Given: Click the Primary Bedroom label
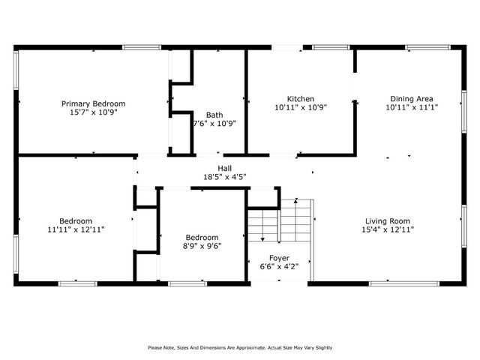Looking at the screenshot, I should click(x=93, y=103).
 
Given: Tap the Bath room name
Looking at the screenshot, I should click(x=214, y=115).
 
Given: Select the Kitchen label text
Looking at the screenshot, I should click(x=300, y=99).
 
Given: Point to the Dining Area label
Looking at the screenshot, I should click(x=411, y=99).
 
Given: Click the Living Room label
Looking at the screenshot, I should click(x=387, y=221).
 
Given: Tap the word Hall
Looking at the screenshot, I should click(x=224, y=168).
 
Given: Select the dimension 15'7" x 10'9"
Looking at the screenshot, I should click(x=93, y=111).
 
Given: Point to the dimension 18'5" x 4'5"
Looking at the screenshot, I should click(x=224, y=176).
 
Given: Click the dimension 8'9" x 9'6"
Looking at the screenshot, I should click(x=202, y=245).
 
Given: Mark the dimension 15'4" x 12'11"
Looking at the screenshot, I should click(x=387, y=229).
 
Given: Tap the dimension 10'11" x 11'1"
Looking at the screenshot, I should click(x=411, y=107).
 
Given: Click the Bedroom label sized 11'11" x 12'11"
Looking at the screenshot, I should click(x=76, y=221).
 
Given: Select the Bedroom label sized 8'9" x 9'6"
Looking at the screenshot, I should click(x=202, y=237).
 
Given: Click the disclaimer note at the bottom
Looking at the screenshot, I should click(x=240, y=347).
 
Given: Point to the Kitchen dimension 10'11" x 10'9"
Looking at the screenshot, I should click(x=300, y=107).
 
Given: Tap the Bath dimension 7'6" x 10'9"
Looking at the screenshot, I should click(x=214, y=124).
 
